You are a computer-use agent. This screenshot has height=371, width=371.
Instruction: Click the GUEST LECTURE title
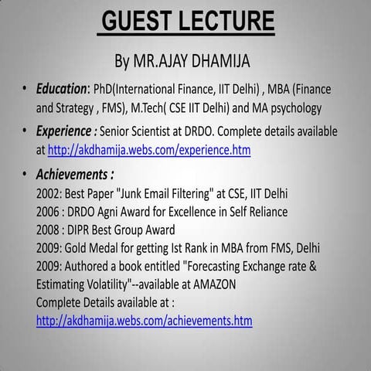pyautogui.click(x=188, y=20)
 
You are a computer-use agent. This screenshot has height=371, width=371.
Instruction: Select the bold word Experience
pyautogui.click(x=65, y=131)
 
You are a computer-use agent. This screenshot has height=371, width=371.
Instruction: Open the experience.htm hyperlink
pyautogui.click(x=149, y=150)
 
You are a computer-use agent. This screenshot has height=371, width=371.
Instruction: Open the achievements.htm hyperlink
pyautogui.click(x=144, y=320)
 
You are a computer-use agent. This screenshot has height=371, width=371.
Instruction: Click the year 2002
pyautogui.click(x=49, y=193)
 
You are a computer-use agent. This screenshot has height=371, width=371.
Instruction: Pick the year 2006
pyautogui.click(x=49, y=212)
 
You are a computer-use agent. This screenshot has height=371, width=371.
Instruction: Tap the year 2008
pyautogui.click(x=49, y=230)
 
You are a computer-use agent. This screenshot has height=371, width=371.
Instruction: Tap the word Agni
pyautogui.click(x=118, y=212)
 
